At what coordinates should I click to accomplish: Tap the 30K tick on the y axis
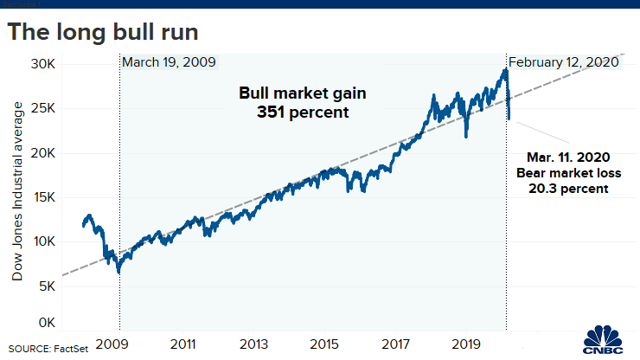44,64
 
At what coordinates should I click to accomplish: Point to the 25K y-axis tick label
44,108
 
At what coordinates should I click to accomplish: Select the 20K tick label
44,152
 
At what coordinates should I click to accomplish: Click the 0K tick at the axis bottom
48,322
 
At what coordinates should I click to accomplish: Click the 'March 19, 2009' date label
169,62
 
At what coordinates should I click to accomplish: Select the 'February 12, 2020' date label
564,62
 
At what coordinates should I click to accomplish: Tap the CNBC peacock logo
605,339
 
